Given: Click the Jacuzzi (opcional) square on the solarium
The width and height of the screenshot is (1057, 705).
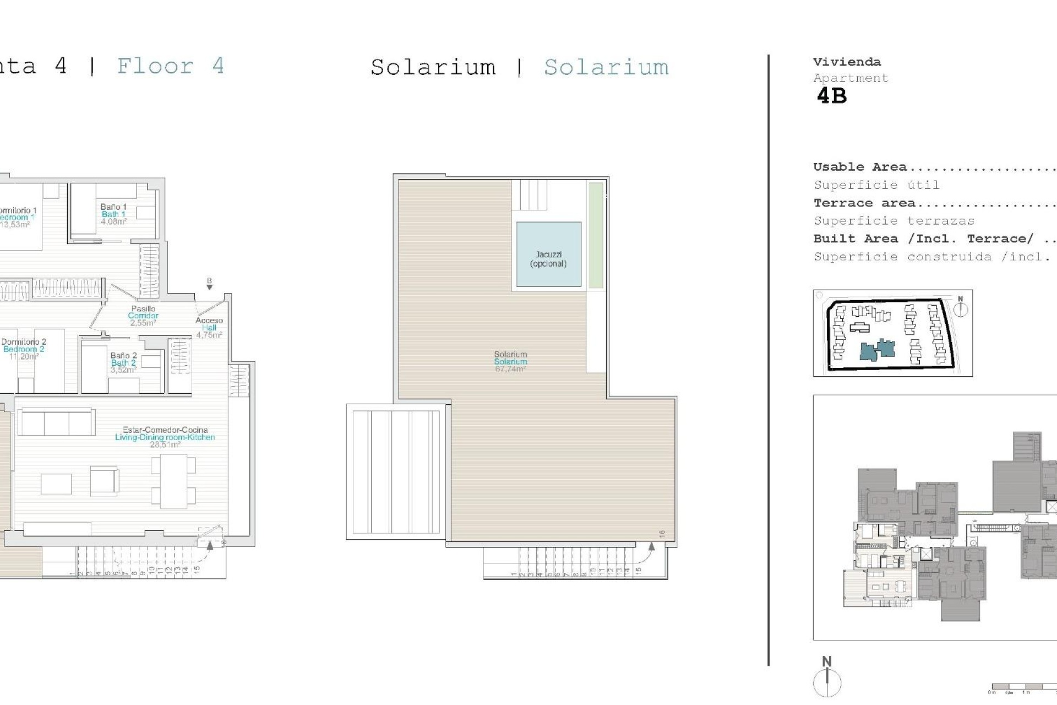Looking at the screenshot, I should click(548, 254).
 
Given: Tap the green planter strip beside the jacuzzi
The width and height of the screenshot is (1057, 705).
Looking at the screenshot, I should click(596, 235).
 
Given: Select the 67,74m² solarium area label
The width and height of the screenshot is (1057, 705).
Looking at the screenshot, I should click(510, 369).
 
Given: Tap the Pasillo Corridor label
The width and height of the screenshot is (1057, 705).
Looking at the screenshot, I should click(143, 316).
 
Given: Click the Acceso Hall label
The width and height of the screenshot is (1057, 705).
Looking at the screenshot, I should click(209, 327).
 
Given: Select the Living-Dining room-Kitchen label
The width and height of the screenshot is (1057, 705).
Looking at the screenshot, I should click(165, 437).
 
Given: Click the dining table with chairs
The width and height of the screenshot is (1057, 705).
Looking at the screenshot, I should click(173, 481).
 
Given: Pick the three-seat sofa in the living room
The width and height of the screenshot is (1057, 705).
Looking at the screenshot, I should click(56, 422).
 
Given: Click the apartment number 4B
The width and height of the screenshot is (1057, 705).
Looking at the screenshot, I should click(831, 96).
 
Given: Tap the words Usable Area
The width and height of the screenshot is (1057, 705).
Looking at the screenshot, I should click(859, 167).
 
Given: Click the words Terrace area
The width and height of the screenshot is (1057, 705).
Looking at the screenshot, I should click(864, 203).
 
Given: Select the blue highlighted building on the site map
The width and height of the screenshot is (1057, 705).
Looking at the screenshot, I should click(878, 350).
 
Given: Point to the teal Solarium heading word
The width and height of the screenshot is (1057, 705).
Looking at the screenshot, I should click(606, 67).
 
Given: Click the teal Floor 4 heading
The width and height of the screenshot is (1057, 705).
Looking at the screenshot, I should click(170, 66).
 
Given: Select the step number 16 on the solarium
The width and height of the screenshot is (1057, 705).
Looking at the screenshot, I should click(662, 534).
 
